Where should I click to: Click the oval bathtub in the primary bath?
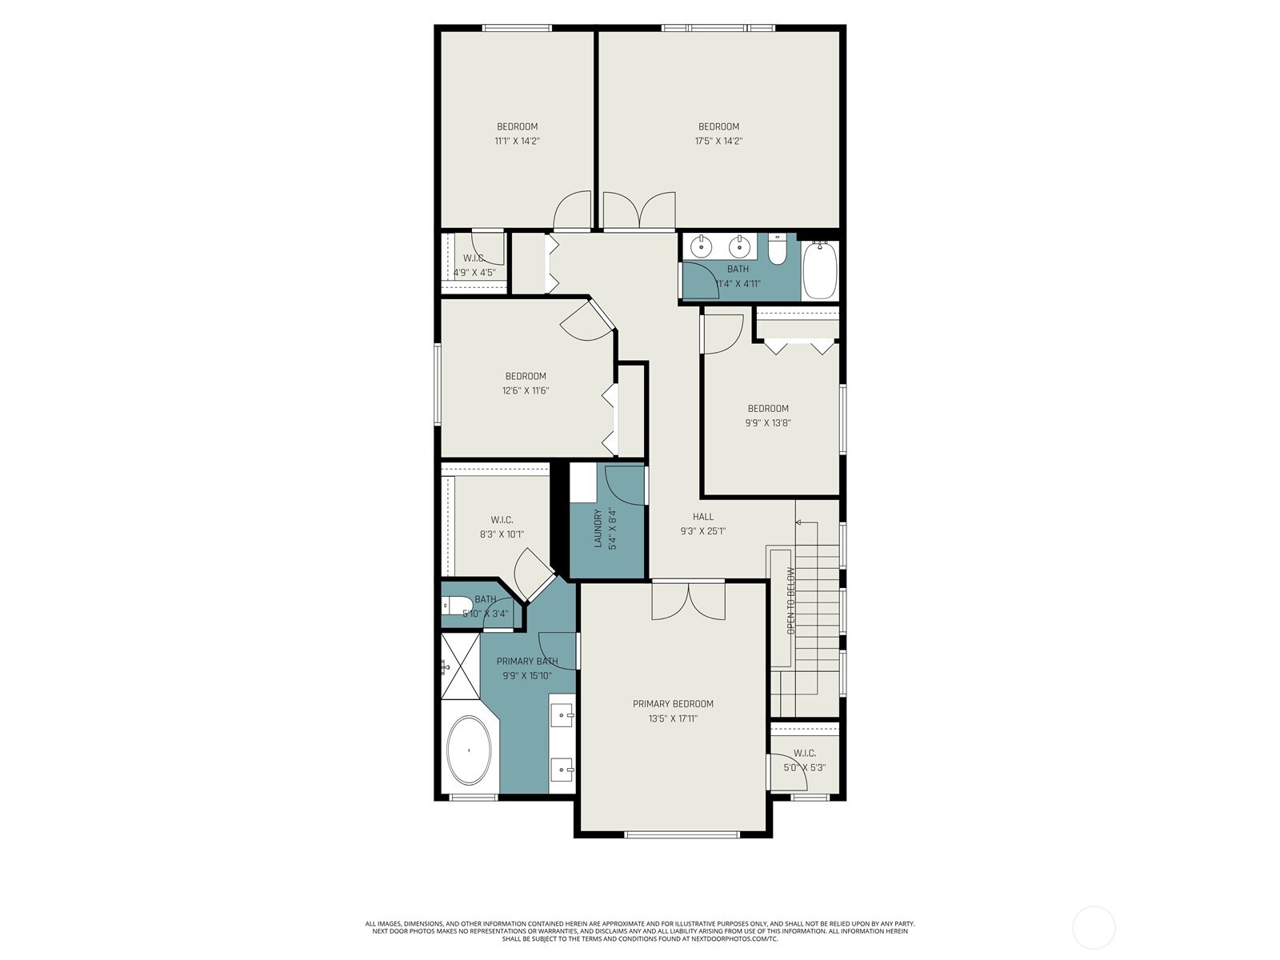(469, 750)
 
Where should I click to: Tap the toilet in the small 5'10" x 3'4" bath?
(450, 606)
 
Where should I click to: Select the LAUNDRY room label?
(598, 529)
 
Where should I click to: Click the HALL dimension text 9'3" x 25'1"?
(702, 530)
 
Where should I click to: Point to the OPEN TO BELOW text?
(790, 601)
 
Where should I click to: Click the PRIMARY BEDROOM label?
(673, 704)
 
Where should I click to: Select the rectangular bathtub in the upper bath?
(819, 270)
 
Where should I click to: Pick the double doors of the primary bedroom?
(688, 602)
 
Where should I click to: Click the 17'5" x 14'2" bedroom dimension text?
(718, 141)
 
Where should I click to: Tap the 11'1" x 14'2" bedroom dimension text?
(517, 141)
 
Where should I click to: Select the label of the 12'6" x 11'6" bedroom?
(526, 376)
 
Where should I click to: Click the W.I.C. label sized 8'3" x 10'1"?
(502, 520)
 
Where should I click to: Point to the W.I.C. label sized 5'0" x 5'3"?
(805, 753)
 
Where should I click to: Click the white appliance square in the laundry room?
(582, 482)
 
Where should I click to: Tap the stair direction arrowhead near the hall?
(798, 522)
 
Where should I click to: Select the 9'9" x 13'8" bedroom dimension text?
(768, 423)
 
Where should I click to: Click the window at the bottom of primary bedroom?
(682, 834)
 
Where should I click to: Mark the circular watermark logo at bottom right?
(1094, 928)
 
